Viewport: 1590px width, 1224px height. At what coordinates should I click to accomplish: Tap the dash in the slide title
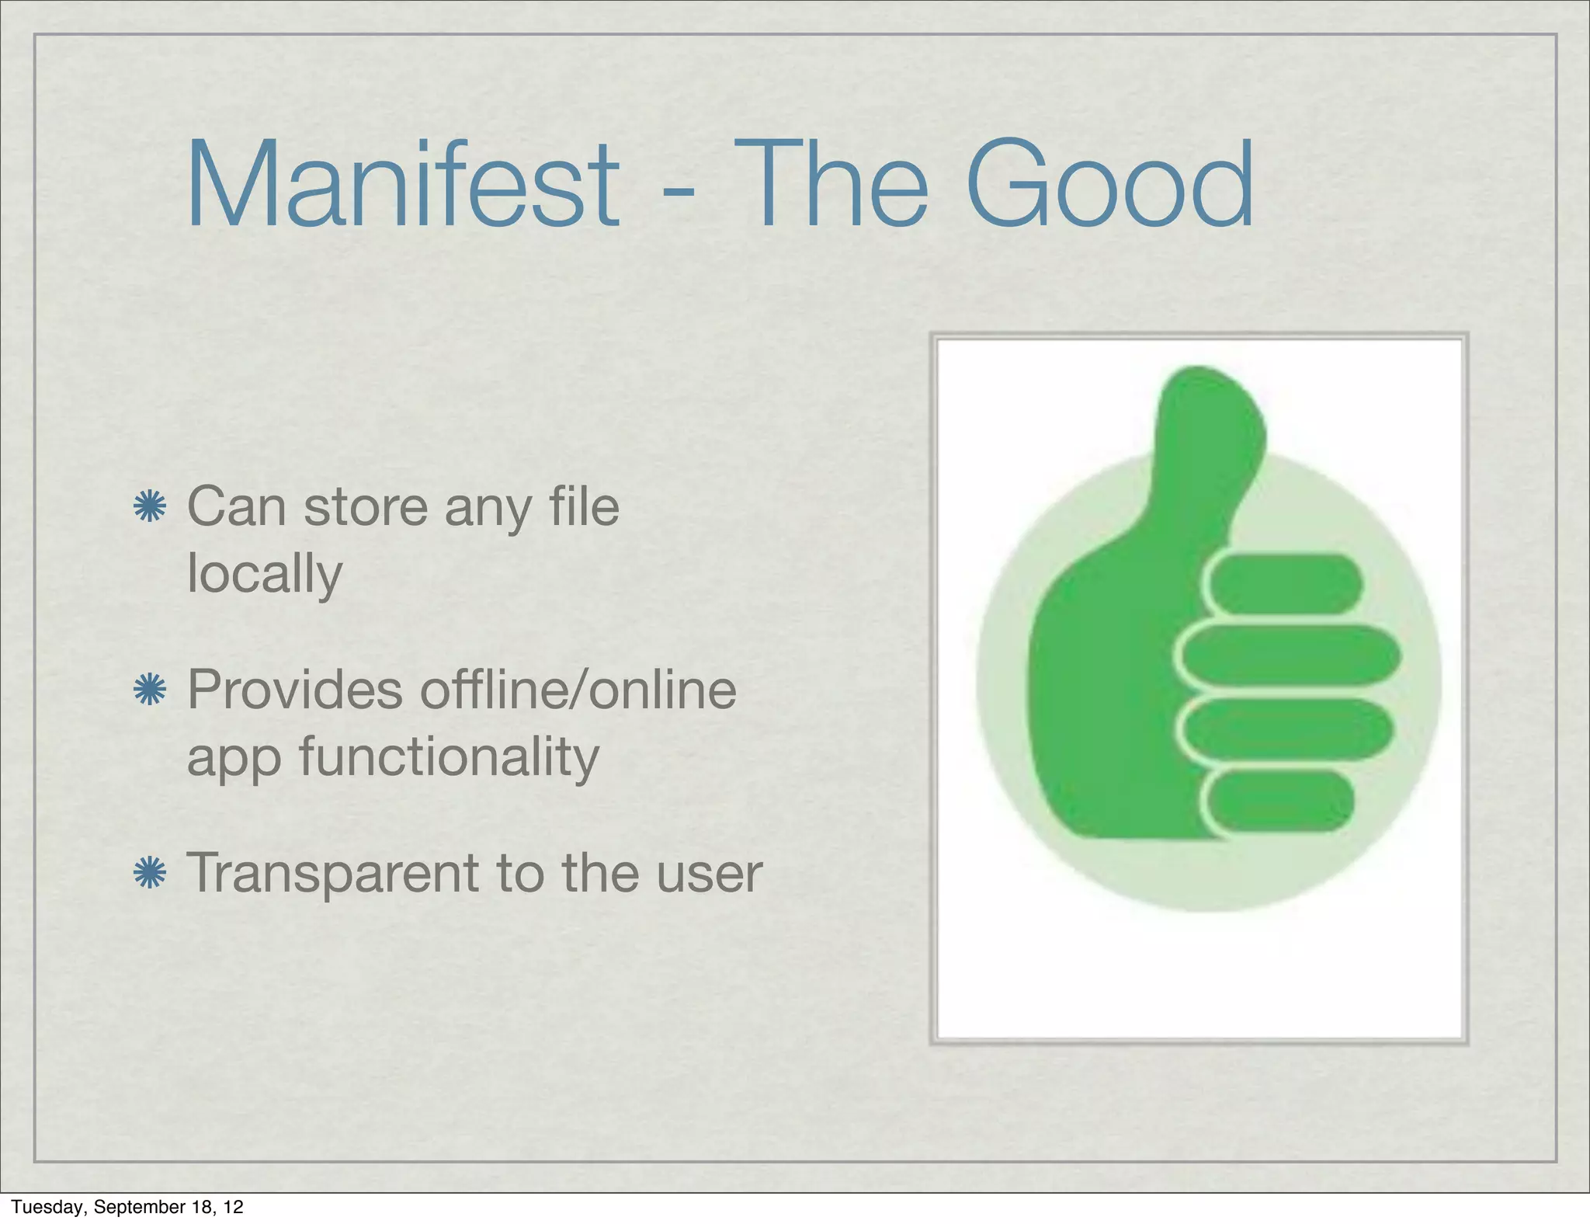[679, 190]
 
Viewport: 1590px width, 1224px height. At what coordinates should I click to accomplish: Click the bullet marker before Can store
[149, 507]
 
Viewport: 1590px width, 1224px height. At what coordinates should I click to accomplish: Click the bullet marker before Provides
[149, 690]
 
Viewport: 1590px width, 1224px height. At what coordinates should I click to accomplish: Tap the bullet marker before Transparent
[149, 873]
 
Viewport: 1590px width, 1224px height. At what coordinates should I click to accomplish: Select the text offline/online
[578, 690]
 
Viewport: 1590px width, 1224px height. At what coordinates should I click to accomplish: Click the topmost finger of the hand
[1285, 583]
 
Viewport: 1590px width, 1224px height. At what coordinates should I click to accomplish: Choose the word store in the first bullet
[366, 506]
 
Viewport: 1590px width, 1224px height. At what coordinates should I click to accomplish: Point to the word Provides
[295, 690]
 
